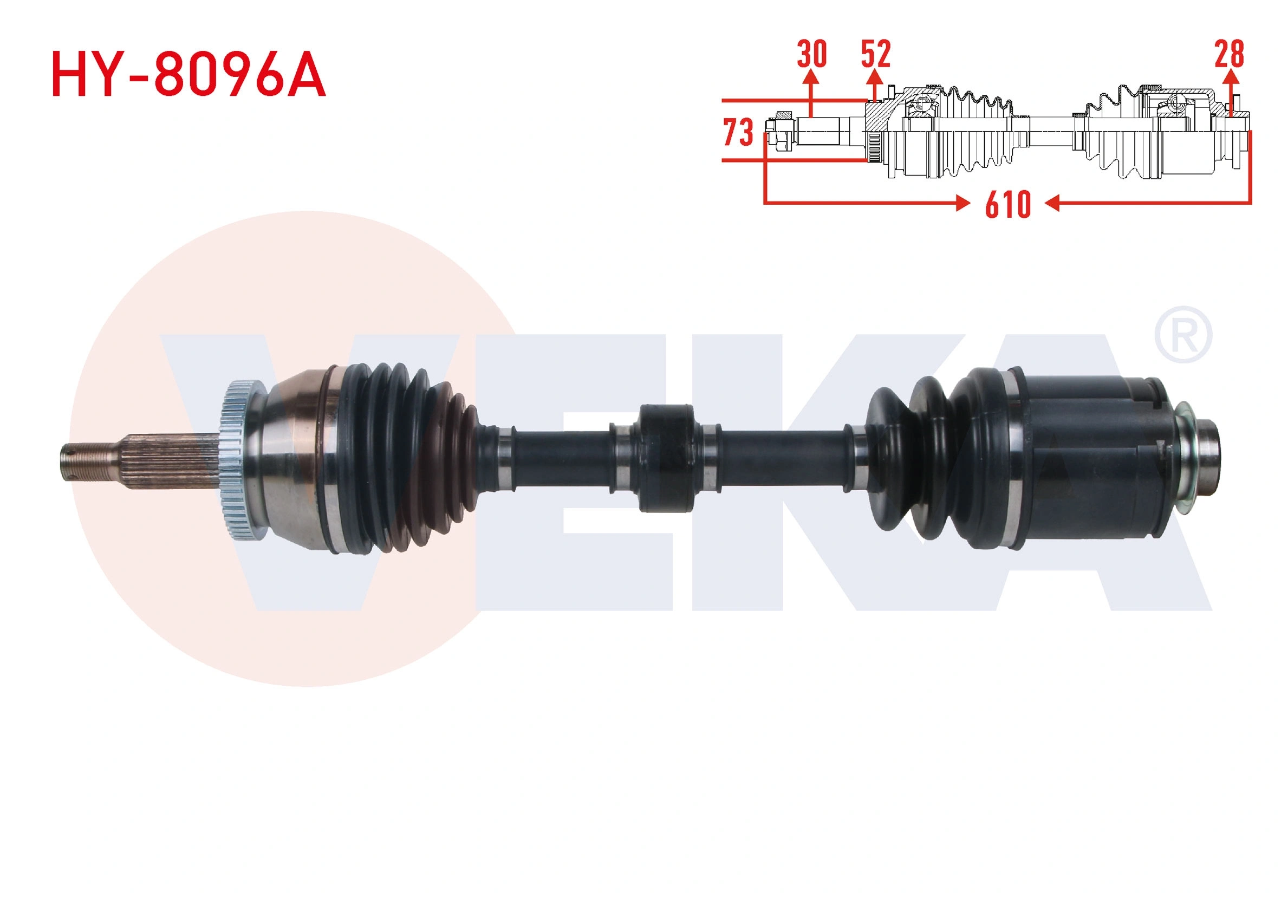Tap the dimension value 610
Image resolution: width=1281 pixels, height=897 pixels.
point(1007,205)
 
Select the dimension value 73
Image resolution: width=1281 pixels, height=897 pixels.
point(738,132)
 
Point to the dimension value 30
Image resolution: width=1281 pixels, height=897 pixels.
point(811,55)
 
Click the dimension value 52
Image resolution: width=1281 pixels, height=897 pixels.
point(875,55)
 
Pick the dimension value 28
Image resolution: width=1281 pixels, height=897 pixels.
point(1229,55)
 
